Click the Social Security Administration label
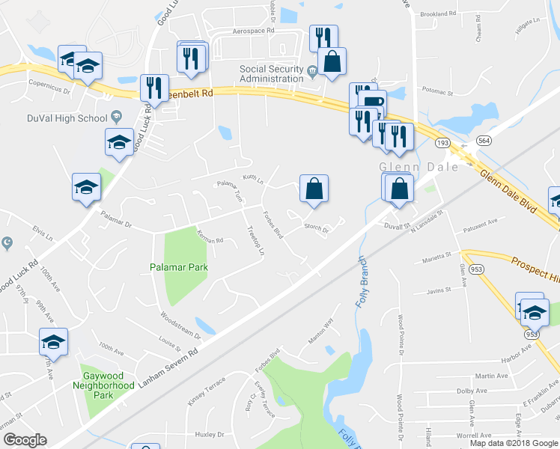[x=271, y=75]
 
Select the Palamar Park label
[x=177, y=266]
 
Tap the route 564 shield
[x=484, y=141]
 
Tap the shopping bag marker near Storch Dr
[x=314, y=189]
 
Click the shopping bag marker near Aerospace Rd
[x=332, y=63]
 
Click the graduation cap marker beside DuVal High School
[x=119, y=142]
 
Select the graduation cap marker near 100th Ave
[x=53, y=341]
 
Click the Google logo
[x=24, y=440]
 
